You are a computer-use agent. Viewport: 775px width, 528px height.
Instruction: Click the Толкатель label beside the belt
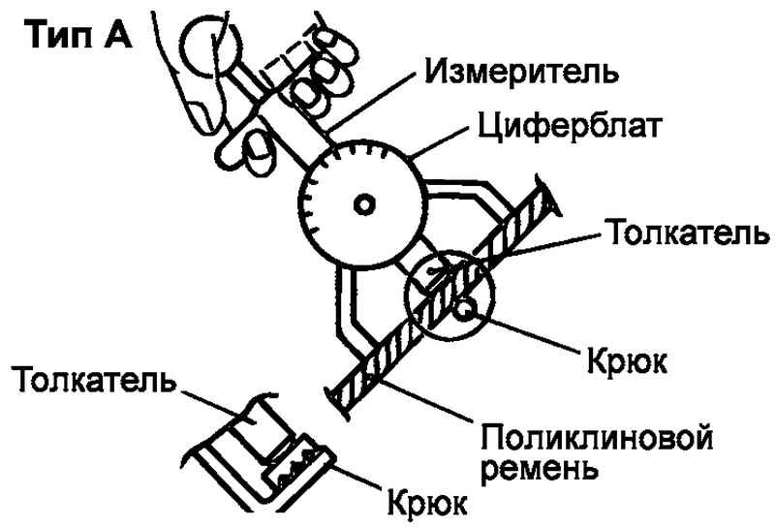point(687,233)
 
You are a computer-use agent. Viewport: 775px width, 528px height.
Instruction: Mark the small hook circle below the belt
point(466,310)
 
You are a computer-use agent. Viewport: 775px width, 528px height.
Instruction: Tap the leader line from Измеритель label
point(373,107)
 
